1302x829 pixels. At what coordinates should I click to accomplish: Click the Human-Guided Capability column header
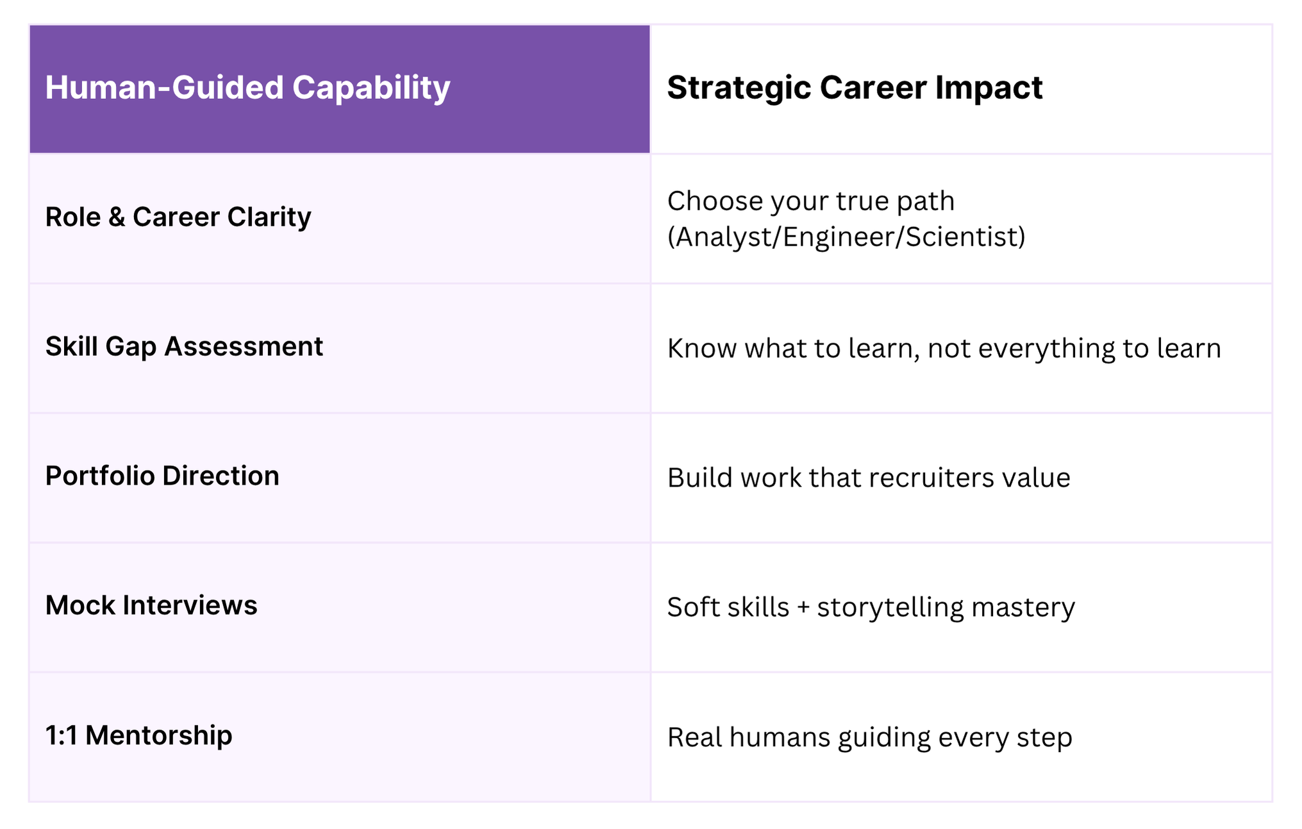(247, 88)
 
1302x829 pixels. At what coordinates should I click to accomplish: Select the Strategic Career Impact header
(855, 88)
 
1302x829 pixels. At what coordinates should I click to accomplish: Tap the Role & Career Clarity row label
(178, 217)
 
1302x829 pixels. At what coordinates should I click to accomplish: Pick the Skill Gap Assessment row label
(184, 347)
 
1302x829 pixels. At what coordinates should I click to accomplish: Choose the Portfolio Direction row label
(162, 476)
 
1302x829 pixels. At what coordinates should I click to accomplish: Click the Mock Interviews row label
(151, 606)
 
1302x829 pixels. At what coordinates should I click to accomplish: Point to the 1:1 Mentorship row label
(138, 735)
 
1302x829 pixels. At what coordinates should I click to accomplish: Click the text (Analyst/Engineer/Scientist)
(846, 237)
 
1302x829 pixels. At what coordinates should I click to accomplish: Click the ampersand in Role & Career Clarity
(117, 217)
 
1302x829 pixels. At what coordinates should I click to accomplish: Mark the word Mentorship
(158, 735)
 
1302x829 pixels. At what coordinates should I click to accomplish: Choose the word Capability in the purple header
(371, 88)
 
